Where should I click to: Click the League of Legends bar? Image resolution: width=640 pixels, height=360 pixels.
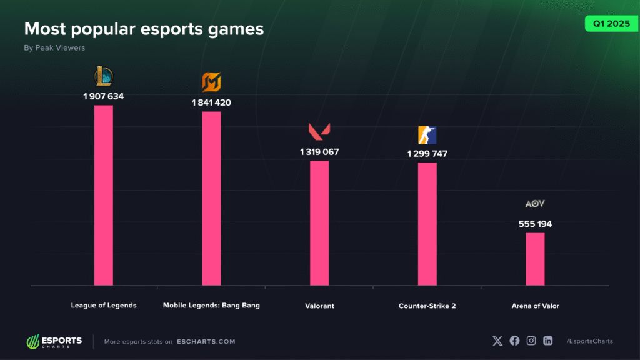(x=104, y=195)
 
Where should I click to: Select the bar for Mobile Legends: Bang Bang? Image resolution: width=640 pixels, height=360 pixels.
(x=211, y=198)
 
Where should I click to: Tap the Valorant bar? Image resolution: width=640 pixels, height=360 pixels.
(x=319, y=223)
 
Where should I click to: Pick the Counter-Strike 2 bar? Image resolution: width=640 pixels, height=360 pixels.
(x=427, y=224)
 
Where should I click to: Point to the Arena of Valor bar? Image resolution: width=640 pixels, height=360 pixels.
(x=535, y=259)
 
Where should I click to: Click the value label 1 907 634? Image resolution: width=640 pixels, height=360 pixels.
(x=104, y=96)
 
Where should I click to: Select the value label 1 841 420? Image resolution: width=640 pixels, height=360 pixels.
(x=211, y=102)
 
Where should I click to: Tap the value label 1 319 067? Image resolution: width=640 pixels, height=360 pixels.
(x=319, y=152)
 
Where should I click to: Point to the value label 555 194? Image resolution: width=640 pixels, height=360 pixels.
(x=535, y=224)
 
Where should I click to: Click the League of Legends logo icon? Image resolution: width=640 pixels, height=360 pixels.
(x=104, y=76)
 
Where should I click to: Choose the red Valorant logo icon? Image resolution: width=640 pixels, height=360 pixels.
(x=319, y=132)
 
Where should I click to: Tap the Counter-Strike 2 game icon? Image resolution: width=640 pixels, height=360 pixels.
(x=427, y=135)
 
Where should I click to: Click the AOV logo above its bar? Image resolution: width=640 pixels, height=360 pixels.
(x=535, y=204)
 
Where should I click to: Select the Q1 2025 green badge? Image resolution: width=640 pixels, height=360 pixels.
(x=607, y=24)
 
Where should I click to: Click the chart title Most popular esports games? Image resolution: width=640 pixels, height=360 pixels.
(x=144, y=29)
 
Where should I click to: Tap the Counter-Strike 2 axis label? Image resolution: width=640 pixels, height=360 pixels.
(x=427, y=306)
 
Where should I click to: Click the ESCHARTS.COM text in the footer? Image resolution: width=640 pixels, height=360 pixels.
(x=206, y=341)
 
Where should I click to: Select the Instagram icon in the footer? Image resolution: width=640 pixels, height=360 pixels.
(x=531, y=341)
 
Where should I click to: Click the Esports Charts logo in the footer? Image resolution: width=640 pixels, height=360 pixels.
(x=54, y=341)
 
